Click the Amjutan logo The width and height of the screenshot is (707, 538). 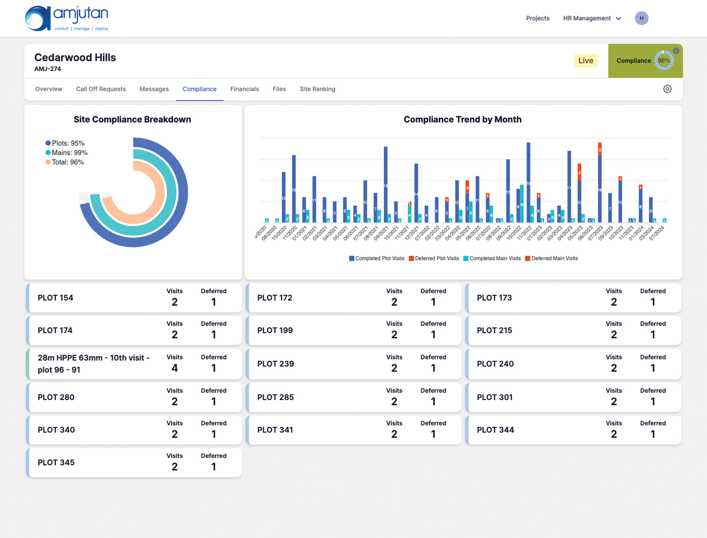(67, 18)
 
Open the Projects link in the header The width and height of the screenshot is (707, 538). (537, 18)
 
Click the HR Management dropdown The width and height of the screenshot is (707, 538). (592, 18)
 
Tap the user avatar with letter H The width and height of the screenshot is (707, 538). (641, 18)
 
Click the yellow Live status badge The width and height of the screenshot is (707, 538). (585, 61)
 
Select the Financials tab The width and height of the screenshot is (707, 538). (244, 89)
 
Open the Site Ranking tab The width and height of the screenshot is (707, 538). (317, 89)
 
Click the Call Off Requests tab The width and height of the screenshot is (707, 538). (101, 89)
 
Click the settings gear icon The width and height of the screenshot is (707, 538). (667, 89)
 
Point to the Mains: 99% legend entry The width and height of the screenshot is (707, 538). (67, 153)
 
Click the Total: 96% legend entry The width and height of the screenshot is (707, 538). (65, 162)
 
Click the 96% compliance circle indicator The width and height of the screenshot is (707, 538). (664, 61)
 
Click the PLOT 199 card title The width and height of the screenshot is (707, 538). (275, 330)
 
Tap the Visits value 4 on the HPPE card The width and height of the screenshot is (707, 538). (174, 368)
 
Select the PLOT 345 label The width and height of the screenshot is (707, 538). (56, 462)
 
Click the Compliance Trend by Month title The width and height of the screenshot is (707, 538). (462, 119)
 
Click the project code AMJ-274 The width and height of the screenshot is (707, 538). (47, 69)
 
